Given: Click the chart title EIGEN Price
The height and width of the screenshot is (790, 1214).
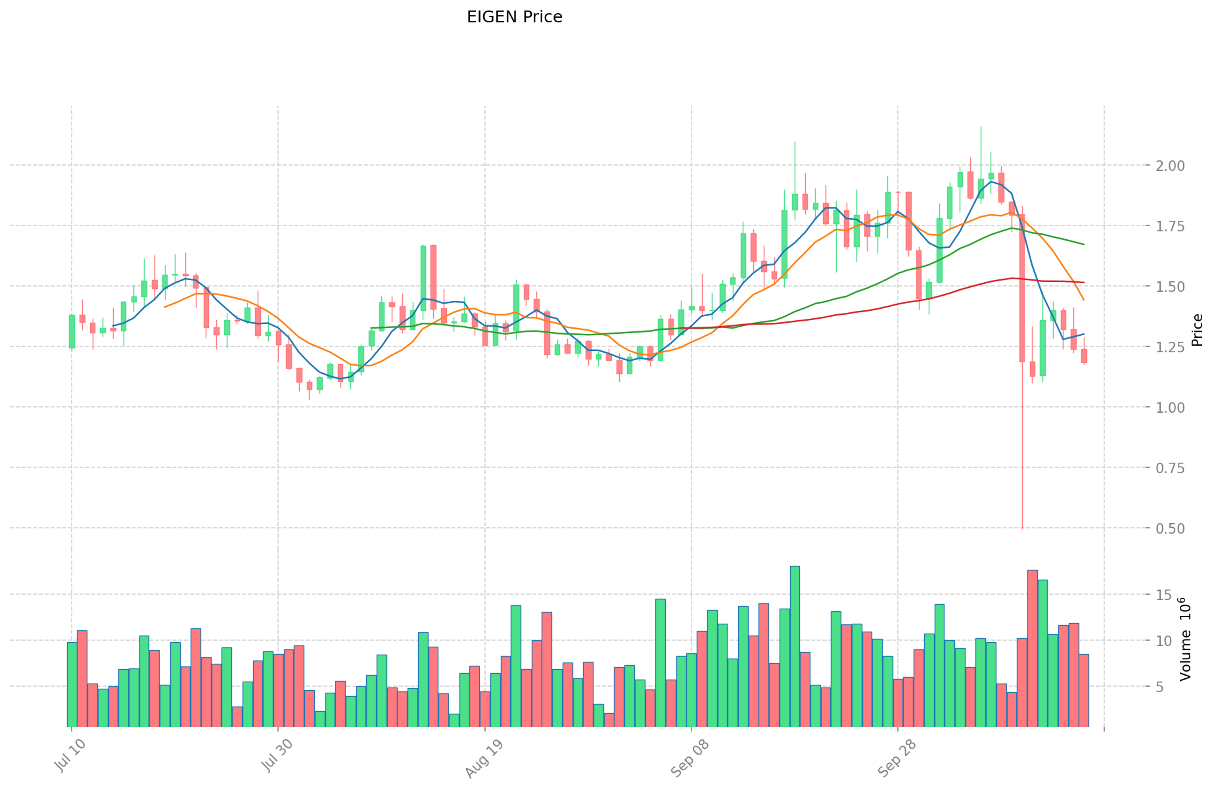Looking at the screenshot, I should pos(514,18).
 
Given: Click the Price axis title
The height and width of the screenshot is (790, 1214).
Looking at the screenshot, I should pos(1197,330).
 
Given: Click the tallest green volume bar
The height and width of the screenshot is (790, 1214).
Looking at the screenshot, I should pos(795,646).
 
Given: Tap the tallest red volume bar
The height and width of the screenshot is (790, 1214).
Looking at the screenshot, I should pos(1032,648).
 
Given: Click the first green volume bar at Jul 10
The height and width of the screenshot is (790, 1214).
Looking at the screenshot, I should pos(72,684).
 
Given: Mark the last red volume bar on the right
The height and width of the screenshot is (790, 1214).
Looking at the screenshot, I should pos(1084,690).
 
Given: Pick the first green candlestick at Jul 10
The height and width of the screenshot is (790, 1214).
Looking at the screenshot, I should pos(72,331).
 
